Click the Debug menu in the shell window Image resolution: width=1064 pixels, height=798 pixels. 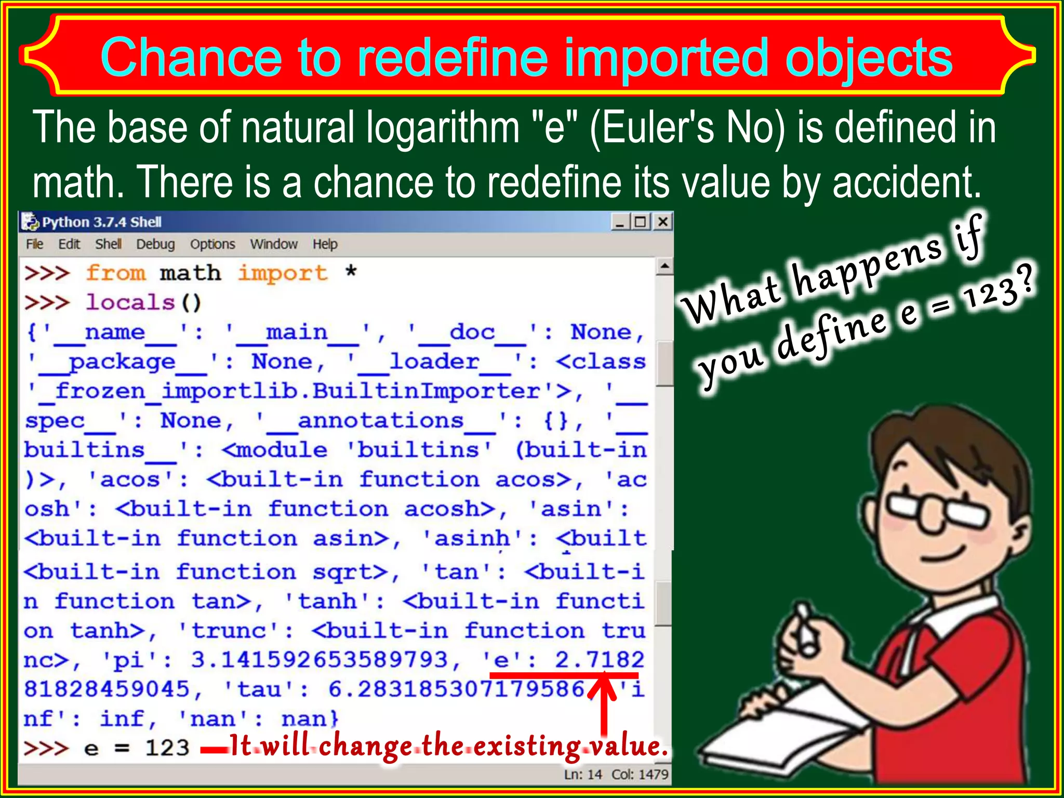point(155,244)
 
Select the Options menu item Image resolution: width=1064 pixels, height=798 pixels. point(212,244)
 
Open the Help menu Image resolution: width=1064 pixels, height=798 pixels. point(325,244)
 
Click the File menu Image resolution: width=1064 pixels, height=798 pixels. point(35,244)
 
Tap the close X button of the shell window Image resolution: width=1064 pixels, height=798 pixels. point(663,222)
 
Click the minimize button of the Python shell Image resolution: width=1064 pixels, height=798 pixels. point(620,222)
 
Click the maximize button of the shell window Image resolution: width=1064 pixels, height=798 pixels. point(641,222)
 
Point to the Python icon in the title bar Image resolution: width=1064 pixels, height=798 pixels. point(30,222)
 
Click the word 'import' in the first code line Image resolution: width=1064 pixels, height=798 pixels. point(283,273)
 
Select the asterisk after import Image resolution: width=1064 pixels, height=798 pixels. point(351,272)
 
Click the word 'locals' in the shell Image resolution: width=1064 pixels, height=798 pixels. point(130,302)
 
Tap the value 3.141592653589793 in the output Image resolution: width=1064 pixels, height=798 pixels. point(319,660)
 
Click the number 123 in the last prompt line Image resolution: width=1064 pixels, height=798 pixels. point(167,748)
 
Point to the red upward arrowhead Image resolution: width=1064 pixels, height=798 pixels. point(603,685)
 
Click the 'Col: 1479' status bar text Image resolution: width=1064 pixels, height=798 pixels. point(640,775)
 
